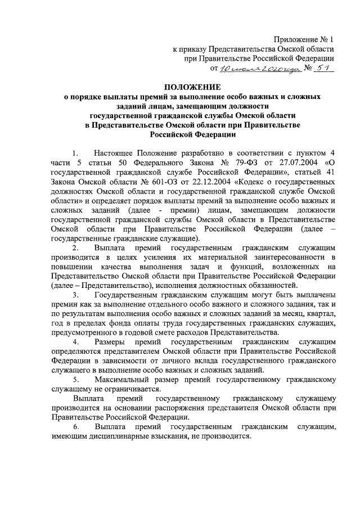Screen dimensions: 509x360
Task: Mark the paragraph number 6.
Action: [75, 427]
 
